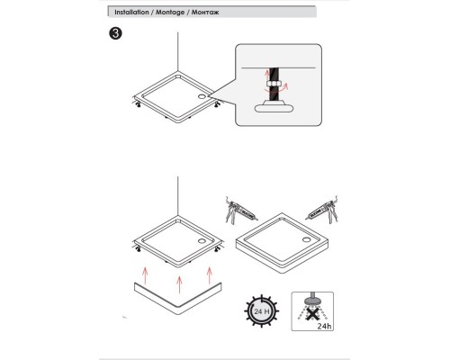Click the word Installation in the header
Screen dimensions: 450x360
click(x=131, y=13)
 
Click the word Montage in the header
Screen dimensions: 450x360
click(x=170, y=13)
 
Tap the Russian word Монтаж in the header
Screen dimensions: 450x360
click(x=205, y=13)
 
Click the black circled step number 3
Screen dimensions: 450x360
click(x=115, y=33)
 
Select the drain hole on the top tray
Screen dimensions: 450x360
click(x=202, y=96)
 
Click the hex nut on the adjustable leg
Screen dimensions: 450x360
click(x=273, y=84)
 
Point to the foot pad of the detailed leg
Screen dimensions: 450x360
click(x=274, y=108)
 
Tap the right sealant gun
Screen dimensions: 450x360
click(x=322, y=210)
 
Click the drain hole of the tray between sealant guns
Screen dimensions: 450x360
click(x=307, y=239)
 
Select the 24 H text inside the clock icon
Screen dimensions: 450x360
click(x=262, y=311)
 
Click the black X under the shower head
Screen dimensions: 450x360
click(x=312, y=314)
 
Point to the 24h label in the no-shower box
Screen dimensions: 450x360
click(x=324, y=326)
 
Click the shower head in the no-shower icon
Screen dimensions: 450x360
click(x=312, y=299)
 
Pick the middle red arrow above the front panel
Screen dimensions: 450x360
click(x=179, y=284)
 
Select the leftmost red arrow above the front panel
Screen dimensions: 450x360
click(x=145, y=275)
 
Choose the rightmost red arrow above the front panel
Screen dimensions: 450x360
click(x=210, y=275)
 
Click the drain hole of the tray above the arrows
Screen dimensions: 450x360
click(x=202, y=240)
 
